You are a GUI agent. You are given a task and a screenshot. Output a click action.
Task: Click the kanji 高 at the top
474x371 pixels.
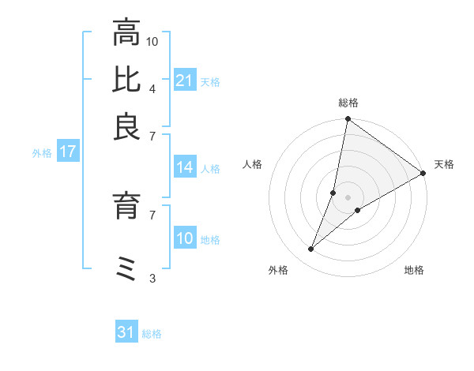(x=127, y=33)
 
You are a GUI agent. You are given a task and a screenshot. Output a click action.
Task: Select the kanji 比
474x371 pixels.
(x=127, y=80)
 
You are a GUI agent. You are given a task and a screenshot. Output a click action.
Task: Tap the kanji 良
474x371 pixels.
(x=127, y=126)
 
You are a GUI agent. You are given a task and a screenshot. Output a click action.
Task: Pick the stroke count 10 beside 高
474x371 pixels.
(x=153, y=40)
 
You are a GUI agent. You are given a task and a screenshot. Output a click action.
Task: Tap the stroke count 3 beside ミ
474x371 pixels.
(x=152, y=278)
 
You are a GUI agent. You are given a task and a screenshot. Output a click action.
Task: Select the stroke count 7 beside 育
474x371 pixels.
(x=152, y=214)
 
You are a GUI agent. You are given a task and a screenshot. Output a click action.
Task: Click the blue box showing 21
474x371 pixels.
(x=184, y=81)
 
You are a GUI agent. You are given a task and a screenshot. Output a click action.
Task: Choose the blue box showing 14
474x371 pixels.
(x=184, y=167)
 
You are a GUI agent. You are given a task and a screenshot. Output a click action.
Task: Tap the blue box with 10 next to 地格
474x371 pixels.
(x=184, y=239)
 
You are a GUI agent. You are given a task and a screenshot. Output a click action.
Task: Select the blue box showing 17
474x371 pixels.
(x=68, y=152)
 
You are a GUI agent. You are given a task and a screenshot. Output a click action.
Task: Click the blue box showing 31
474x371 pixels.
(x=126, y=333)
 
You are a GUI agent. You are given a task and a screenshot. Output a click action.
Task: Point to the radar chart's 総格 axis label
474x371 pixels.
(x=348, y=103)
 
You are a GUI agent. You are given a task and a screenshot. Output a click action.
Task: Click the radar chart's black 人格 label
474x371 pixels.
(x=253, y=164)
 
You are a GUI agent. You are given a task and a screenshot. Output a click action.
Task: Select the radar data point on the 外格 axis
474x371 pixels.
(x=311, y=249)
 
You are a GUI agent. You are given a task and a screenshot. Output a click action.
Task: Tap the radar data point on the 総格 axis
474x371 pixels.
(x=348, y=120)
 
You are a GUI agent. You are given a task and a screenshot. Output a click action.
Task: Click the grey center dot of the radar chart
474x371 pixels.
(x=348, y=197)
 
